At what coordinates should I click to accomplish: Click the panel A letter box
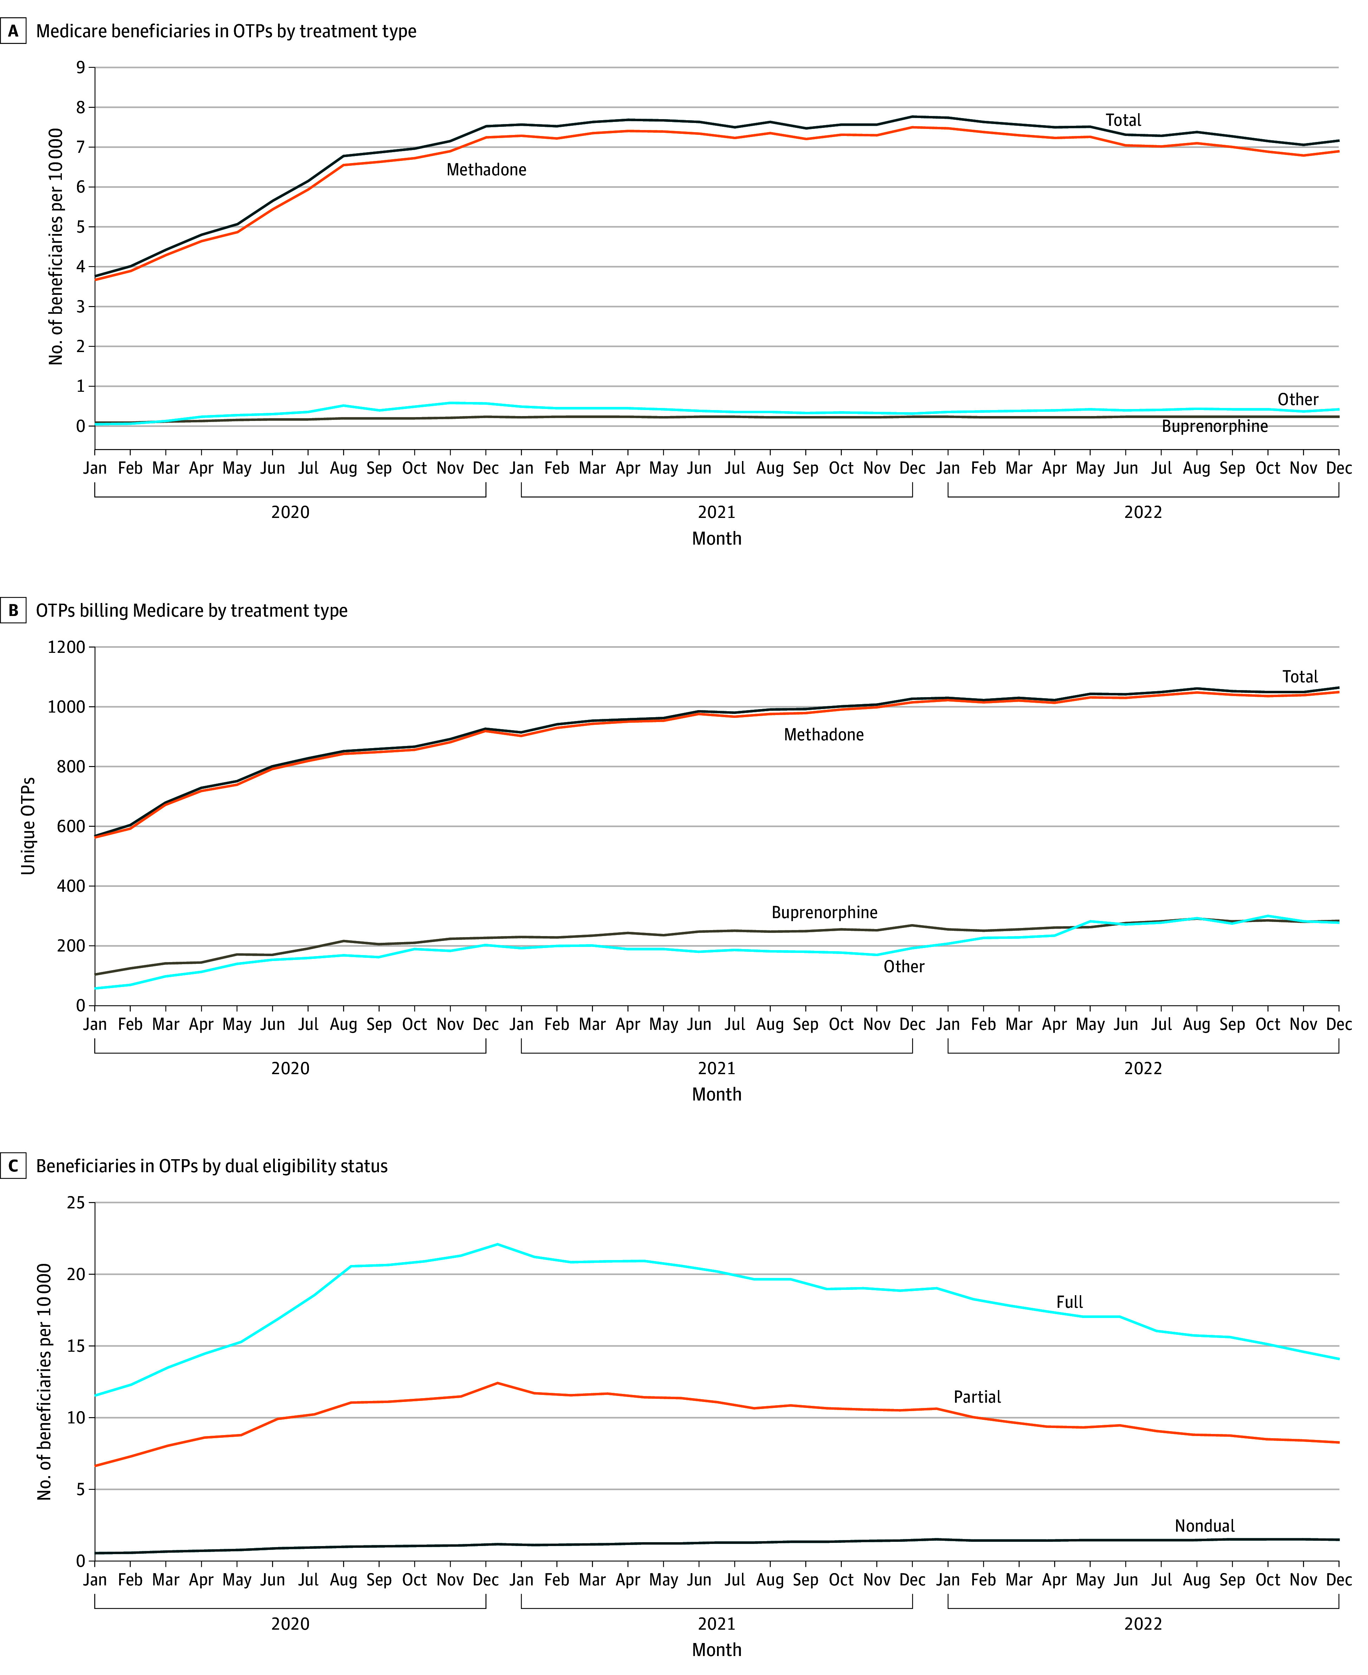point(13,32)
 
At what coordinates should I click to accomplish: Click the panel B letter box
point(13,611)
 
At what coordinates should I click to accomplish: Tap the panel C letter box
point(13,1166)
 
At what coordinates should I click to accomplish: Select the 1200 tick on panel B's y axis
point(66,647)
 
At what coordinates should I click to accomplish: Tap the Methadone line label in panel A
point(486,169)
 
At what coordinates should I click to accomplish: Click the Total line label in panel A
point(1123,121)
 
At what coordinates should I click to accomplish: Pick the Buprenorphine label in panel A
point(1214,426)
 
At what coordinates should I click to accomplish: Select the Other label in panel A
point(1298,400)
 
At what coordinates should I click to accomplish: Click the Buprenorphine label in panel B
point(824,913)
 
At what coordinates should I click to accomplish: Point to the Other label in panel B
point(904,967)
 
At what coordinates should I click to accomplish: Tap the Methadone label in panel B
point(824,734)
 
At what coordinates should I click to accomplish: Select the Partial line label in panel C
point(977,1397)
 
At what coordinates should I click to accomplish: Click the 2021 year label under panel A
point(716,512)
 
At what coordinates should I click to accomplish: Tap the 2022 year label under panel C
point(1143,1624)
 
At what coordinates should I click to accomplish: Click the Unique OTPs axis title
point(28,826)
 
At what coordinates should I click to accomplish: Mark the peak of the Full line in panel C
point(497,1244)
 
